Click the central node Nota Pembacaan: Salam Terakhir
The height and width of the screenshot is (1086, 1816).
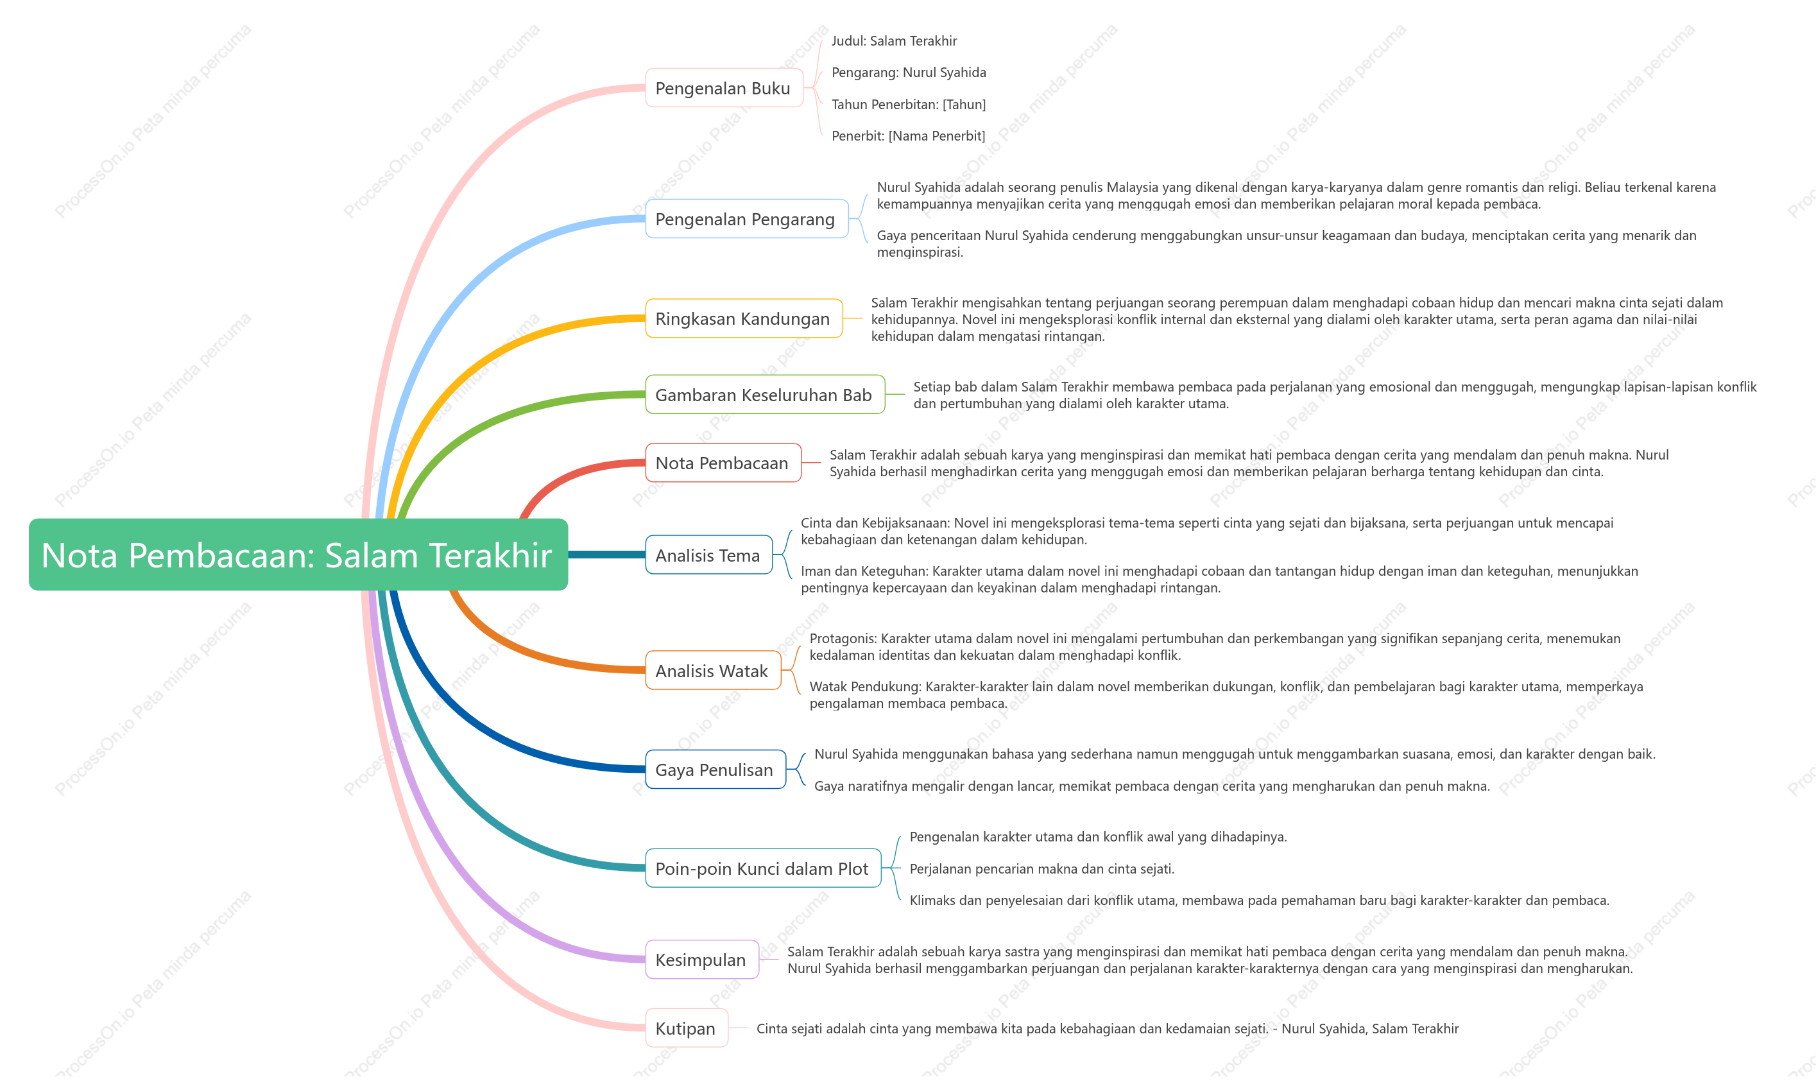pos(298,555)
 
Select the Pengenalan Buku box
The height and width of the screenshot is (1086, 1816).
pos(724,88)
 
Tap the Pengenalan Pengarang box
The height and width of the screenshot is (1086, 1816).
pos(746,219)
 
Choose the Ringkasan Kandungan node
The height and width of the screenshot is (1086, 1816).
pos(743,318)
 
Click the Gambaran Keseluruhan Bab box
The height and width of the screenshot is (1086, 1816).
pos(765,395)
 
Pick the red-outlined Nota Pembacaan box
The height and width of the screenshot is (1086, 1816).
pos(723,463)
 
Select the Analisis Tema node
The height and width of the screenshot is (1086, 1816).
pos(708,555)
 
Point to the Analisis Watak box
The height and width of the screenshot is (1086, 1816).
pos(713,670)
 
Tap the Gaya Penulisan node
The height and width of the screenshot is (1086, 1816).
pos(715,769)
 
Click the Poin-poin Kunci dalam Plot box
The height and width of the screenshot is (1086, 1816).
pos(762,868)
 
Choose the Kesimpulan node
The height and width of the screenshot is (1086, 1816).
pos(701,960)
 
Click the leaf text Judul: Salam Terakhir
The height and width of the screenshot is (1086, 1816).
pos(894,41)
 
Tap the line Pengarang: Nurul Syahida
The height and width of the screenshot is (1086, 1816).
pos(909,73)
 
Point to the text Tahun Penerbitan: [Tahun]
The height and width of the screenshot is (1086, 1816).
pos(909,104)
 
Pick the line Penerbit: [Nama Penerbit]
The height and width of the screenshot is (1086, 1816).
pos(908,135)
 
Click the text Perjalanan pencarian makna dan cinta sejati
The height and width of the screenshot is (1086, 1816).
pos(1042,868)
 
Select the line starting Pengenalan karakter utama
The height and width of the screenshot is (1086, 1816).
pos(1098,836)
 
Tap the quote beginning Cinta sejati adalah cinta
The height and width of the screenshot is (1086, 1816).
pos(1108,1028)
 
